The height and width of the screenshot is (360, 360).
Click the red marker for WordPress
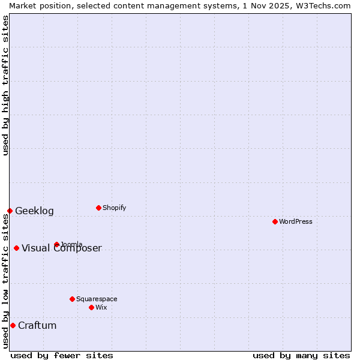[x=275, y=221]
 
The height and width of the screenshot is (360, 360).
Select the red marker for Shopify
[x=98, y=208]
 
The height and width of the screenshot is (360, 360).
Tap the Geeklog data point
[x=10, y=211]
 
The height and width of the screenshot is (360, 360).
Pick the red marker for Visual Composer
[x=16, y=248]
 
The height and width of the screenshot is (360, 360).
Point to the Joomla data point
[x=56, y=244]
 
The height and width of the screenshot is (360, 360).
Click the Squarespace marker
[x=72, y=299]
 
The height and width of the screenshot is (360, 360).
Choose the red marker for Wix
[x=91, y=307]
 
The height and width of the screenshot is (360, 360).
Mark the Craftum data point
[x=13, y=325]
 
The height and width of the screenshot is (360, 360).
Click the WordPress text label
[x=296, y=221]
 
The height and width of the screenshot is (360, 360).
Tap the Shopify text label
[x=115, y=208]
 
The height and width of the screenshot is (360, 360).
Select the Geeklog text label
[x=34, y=211]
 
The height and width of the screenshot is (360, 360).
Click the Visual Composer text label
[x=62, y=248]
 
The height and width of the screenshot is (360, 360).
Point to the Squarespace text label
[x=97, y=299]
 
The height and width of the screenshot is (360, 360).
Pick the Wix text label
[x=101, y=307]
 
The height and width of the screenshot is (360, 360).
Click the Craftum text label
[x=37, y=325]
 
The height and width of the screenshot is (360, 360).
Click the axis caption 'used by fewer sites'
[x=62, y=355]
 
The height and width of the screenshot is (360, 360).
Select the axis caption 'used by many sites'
[x=301, y=355]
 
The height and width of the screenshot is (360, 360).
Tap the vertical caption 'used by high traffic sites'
[x=5, y=85]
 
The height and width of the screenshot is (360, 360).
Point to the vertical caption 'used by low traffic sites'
[x=5, y=282]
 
